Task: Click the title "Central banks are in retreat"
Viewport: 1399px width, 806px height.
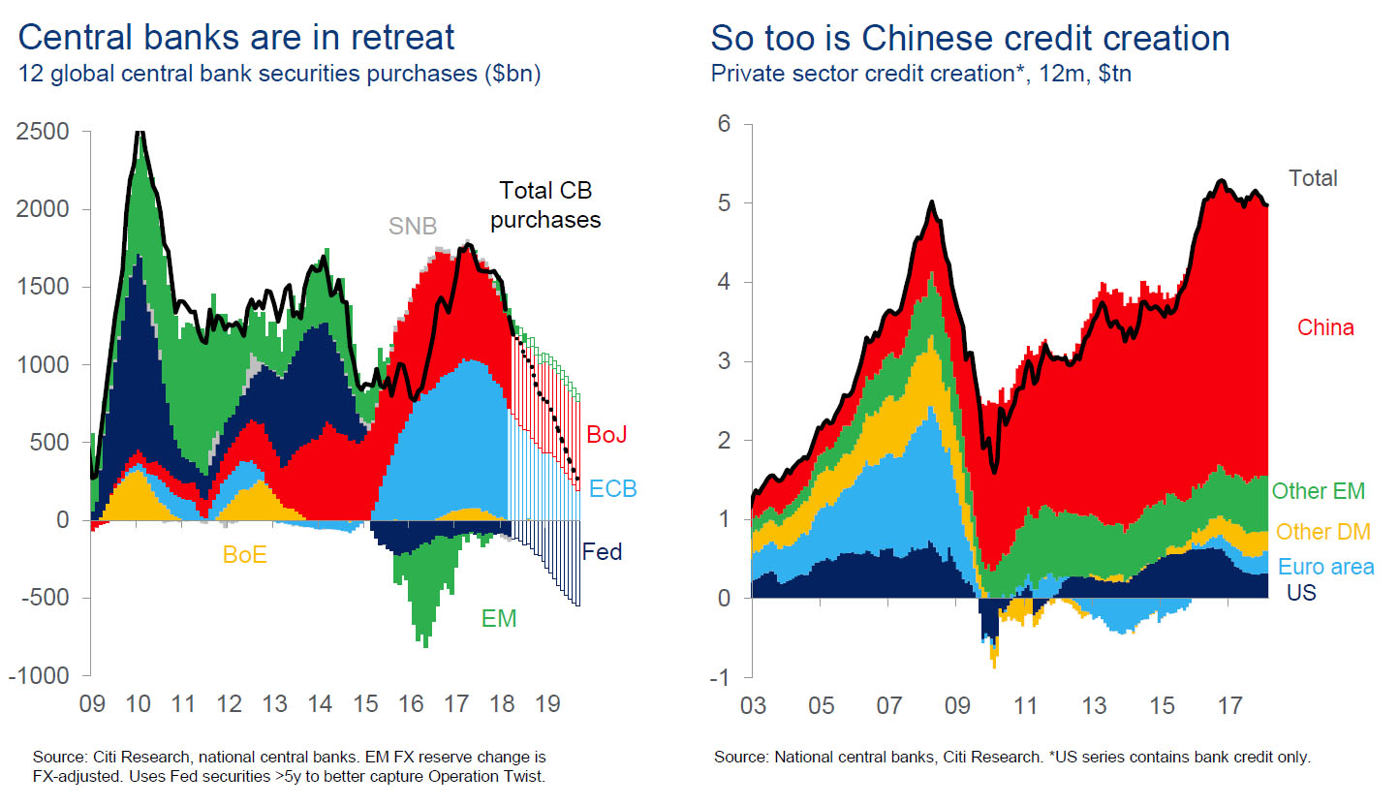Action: pos(235,38)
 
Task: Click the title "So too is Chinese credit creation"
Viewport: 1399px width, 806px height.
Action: pos(970,38)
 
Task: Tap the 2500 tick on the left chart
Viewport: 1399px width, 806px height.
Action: pos(45,132)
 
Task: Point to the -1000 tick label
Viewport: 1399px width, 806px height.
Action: pos(40,676)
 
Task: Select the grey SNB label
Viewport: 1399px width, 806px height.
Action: pos(413,227)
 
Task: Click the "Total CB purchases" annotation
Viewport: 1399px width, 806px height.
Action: pos(544,205)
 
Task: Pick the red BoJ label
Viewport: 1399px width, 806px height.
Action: pos(606,435)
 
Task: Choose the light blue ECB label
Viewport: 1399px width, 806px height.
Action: pos(612,489)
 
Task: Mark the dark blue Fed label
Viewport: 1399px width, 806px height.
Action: pos(602,553)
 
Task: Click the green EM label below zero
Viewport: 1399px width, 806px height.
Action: pos(499,618)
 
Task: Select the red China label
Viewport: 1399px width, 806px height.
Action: pos(1325,328)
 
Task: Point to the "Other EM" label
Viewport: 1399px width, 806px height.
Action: pos(1318,491)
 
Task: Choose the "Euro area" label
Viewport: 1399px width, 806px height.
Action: pos(1325,568)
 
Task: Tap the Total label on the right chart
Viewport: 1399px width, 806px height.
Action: pos(1313,178)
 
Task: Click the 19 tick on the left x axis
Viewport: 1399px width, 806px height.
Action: pos(548,703)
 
